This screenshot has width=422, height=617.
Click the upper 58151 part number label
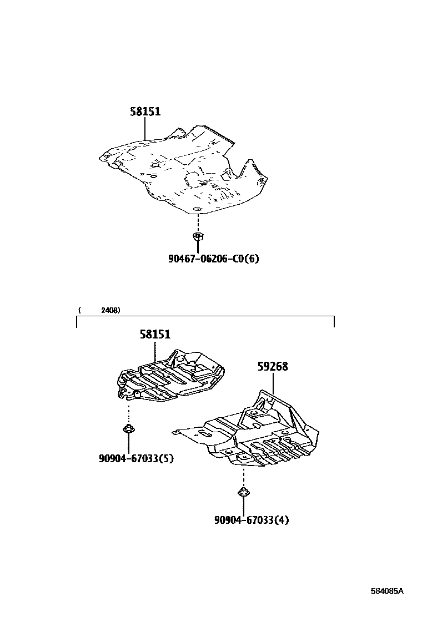tap(145, 112)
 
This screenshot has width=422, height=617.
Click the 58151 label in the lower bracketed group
tap(155, 335)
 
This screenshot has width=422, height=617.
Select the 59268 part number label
tap(273, 367)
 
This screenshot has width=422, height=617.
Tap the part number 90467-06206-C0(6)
tap(214, 259)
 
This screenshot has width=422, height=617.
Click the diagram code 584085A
tap(388, 591)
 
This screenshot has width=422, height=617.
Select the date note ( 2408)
tap(99, 310)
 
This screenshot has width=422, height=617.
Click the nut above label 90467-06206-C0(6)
tap(197, 237)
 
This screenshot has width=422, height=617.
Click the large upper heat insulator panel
tap(183, 172)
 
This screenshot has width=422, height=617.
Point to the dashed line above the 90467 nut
tap(197, 222)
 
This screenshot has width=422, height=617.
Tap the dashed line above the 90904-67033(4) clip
tap(243, 476)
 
